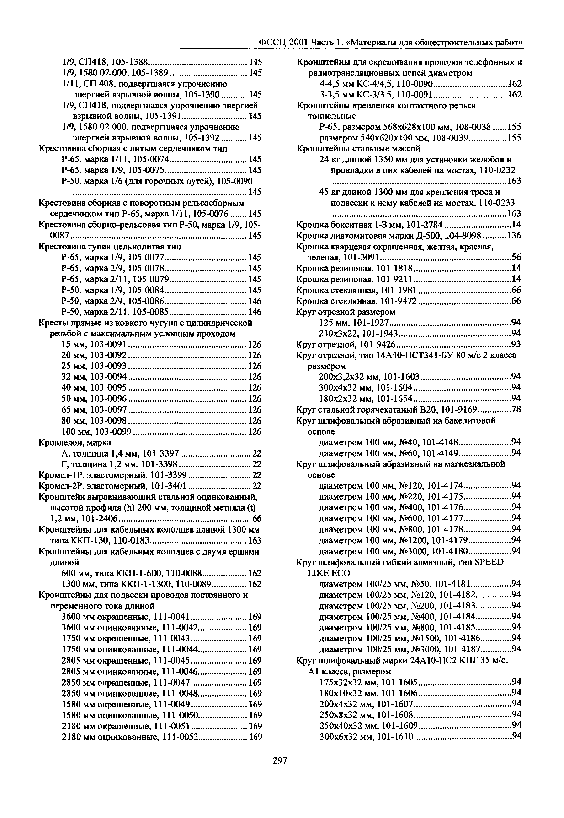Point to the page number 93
tap(516, 344)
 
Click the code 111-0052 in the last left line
tap(180, 737)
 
